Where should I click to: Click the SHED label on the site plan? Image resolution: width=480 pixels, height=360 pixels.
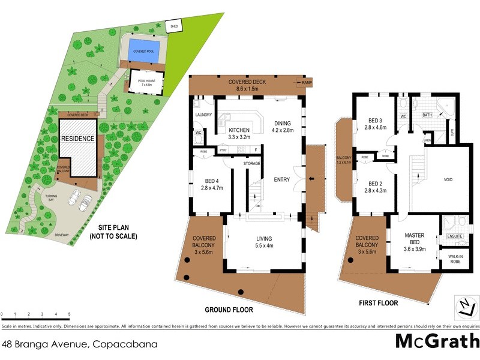coord(175,26)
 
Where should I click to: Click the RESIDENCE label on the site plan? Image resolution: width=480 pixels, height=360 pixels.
coord(77,139)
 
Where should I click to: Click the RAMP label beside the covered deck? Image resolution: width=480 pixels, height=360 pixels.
coord(307,83)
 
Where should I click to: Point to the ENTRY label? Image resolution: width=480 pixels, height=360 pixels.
coord(281,179)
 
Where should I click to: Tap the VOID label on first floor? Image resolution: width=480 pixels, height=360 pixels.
coord(448,179)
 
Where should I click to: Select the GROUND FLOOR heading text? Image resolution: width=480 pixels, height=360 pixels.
coord(229,310)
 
